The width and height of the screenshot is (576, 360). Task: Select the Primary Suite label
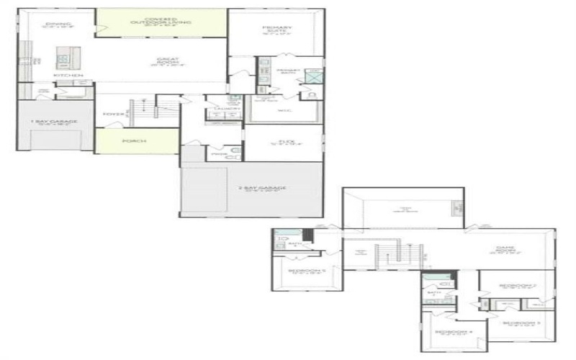(x=276, y=30)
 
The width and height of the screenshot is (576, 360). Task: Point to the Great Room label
(x=167, y=62)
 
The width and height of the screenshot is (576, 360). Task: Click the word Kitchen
(x=68, y=76)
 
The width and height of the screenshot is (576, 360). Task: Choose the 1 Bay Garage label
(x=54, y=122)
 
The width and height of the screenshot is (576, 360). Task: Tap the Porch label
(x=135, y=141)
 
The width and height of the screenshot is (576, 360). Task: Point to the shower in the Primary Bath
(x=312, y=76)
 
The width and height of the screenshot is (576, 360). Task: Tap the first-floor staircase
(x=142, y=109)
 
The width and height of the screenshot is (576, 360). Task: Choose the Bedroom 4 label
(x=458, y=333)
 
